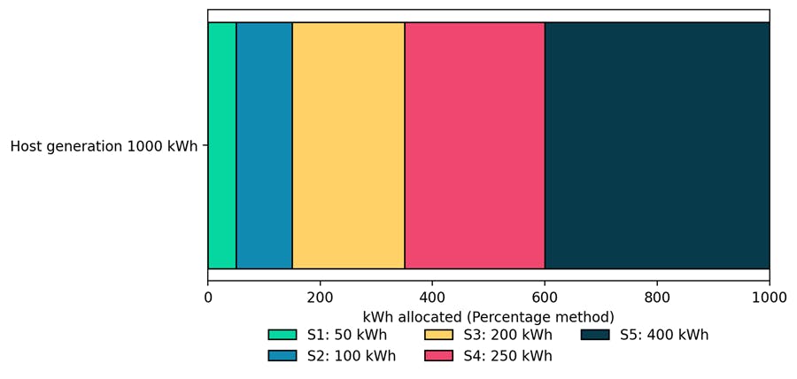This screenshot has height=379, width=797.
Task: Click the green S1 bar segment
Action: [x=221, y=145]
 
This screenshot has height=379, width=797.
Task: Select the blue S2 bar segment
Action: [x=264, y=145]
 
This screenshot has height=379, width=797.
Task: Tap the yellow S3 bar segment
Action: [x=348, y=145]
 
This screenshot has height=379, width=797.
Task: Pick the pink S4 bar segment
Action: [x=475, y=145]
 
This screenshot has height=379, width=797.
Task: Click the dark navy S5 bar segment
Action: [x=657, y=145]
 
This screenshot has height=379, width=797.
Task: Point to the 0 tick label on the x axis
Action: [x=208, y=298]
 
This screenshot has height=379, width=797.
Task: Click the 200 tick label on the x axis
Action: [x=320, y=298]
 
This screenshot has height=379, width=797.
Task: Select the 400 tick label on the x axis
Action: [x=432, y=298]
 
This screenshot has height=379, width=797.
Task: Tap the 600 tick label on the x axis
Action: [x=545, y=298]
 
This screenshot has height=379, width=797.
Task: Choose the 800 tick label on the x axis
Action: [x=657, y=298]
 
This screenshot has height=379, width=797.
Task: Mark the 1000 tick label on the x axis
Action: [x=769, y=298]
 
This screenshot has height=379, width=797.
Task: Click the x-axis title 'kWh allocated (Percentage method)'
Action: [x=488, y=317]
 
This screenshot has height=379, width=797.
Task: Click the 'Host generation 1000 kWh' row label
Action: [x=104, y=146]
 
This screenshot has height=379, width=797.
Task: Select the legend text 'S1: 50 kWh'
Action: [x=346, y=336]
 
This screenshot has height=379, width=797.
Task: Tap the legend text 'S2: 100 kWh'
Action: [x=351, y=356]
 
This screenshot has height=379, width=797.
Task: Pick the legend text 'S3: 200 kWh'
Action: [x=507, y=336]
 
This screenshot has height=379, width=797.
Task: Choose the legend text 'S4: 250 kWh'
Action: [x=507, y=356]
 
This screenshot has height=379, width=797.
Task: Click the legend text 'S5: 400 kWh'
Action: [x=663, y=336]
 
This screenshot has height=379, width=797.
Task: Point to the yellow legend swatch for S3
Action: [x=438, y=336]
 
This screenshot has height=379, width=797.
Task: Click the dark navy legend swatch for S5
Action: [x=594, y=336]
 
